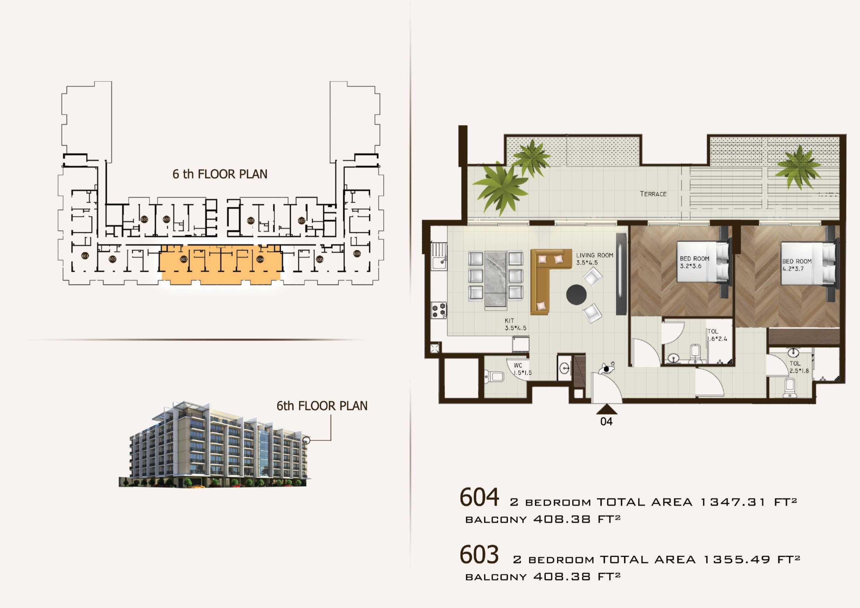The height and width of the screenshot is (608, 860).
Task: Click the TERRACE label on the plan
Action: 653,194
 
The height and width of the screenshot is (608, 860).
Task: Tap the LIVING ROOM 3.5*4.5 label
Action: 594,259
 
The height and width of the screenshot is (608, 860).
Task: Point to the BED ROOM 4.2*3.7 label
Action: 796,265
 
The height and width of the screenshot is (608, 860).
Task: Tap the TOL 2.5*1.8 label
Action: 799,367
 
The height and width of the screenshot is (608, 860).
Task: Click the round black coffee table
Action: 576,295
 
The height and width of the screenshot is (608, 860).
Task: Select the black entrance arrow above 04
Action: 606,408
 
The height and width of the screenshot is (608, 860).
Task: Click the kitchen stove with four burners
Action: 439,310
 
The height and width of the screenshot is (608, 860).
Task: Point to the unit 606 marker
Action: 357,254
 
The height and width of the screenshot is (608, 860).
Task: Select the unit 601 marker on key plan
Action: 85,256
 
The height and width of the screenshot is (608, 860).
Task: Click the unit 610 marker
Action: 144,219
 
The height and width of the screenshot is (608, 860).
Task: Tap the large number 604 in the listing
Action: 479,497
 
